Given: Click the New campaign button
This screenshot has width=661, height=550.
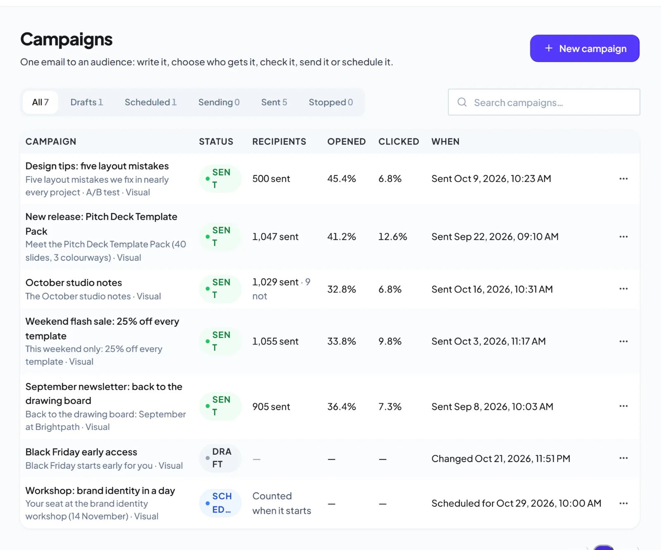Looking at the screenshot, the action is pos(585,48).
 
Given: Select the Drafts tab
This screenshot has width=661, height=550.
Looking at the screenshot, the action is pos(86,102).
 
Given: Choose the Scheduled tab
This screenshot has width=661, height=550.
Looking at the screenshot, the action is pos(150,102).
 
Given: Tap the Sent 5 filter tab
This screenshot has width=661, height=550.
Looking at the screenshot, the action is pos(274,102).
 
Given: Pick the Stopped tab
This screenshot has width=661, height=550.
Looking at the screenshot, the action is pos(330,102).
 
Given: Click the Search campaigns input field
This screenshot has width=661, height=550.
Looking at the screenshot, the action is pos(544,102).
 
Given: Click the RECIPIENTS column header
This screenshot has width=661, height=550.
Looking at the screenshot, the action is pos(279,142).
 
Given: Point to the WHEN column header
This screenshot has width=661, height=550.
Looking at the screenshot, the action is pos(445,142).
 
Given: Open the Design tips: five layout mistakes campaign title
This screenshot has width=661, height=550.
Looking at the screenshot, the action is pos(97,166).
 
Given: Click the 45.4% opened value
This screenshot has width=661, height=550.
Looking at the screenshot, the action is pos(342,179).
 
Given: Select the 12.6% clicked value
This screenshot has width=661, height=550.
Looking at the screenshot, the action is pos(392,237).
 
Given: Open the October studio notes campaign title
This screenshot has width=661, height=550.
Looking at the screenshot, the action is pos(74,283).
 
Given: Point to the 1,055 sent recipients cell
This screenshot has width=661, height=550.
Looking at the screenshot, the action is pos(275,341).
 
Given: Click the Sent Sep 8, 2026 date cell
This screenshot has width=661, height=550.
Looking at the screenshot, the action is pos(492,406).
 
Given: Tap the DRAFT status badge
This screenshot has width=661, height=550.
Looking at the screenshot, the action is pos(220,458).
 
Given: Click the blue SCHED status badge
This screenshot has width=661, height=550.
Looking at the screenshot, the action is pos(220,503).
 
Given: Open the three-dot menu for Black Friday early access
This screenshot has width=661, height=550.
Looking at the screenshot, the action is pos(623,458).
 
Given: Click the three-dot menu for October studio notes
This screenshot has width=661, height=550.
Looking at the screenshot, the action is pos(623,289).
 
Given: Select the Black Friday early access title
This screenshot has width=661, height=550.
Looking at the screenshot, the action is pos(81,452).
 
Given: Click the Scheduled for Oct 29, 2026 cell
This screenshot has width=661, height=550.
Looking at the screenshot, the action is pos(516,503).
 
